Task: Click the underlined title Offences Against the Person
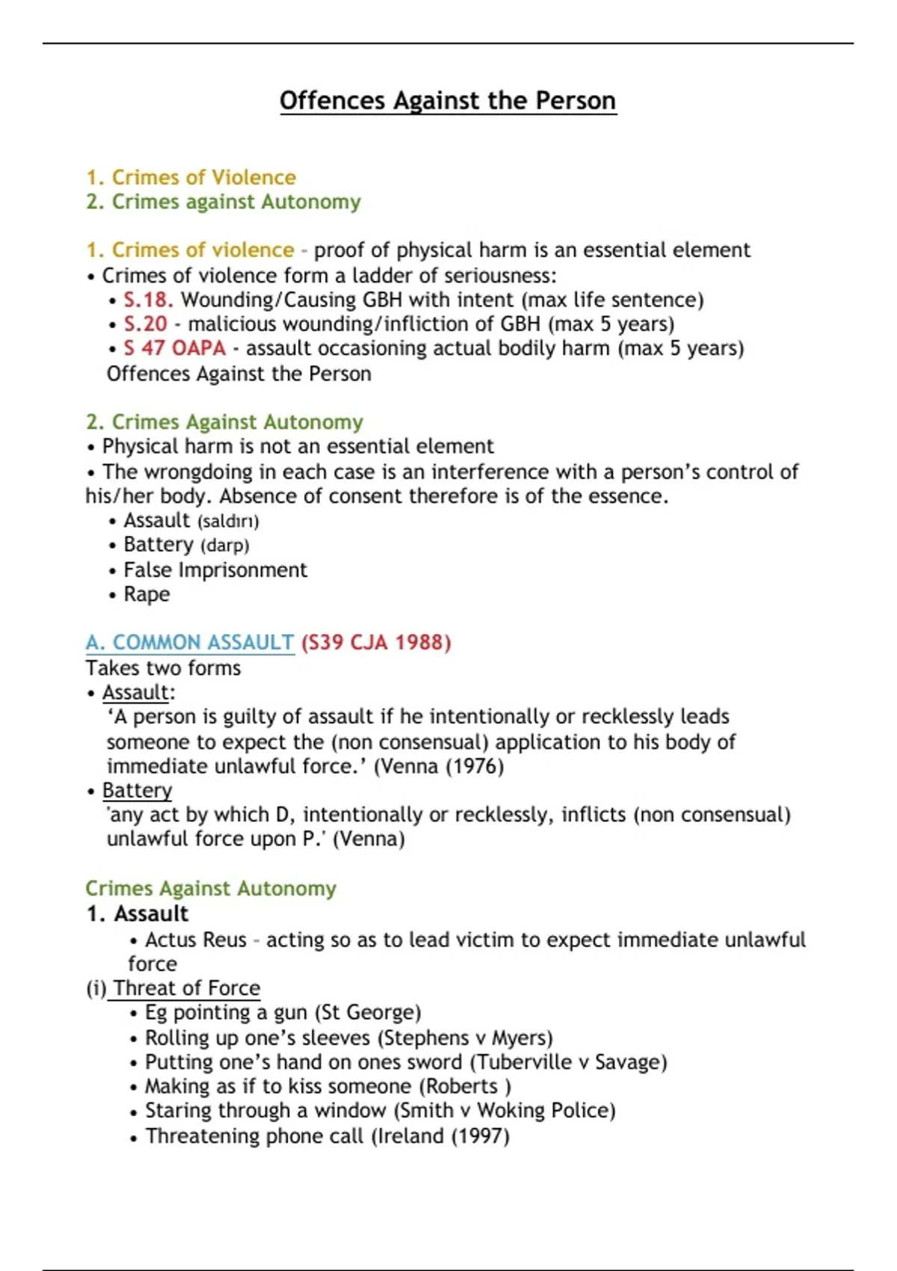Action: (448, 100)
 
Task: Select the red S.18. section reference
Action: (148, 300)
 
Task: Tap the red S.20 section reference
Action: (145, 324)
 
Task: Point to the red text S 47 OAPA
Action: (174, 348)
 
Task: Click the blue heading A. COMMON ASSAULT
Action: (190, 642)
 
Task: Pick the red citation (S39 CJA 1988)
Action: (376, 642)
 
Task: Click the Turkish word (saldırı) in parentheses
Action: (228, 521)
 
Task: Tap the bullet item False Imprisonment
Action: (215, 570)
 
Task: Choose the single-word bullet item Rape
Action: (147, 594)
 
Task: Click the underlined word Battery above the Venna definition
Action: (137, 790)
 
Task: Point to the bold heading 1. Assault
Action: (137, 914)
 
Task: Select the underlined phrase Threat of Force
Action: (186, 988)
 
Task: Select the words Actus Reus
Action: (195, 940)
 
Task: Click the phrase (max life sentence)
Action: (613, 300)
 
